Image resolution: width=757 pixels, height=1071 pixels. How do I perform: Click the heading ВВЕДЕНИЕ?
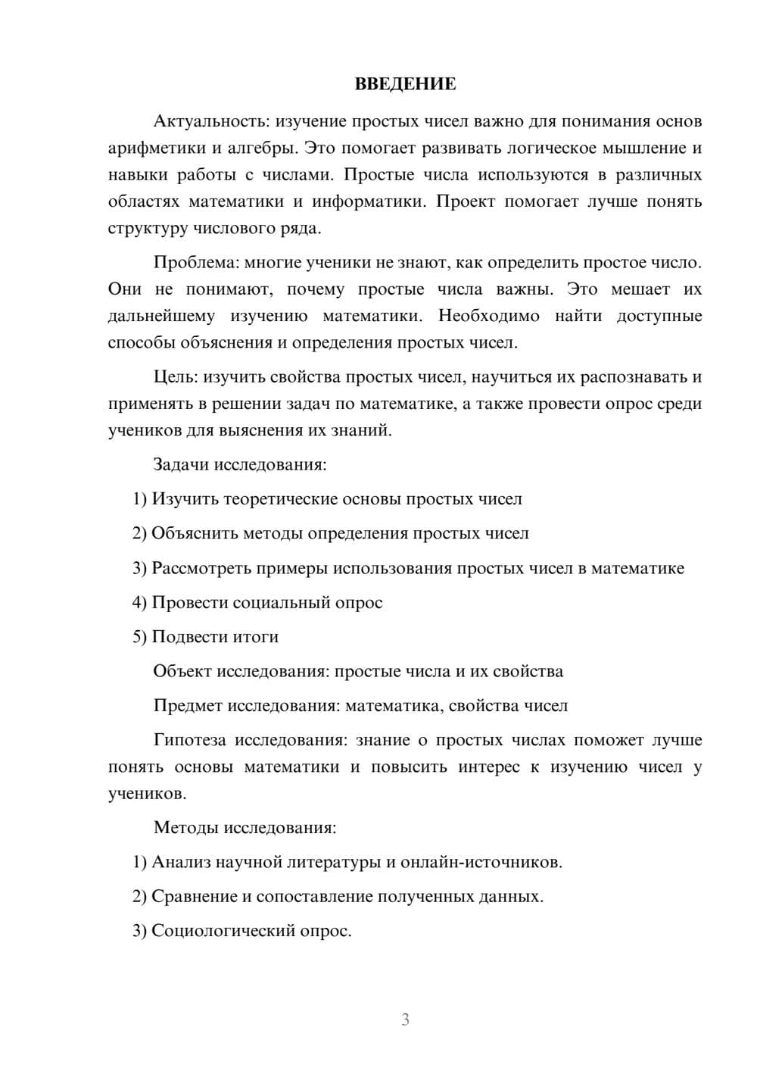[x=405, y=84]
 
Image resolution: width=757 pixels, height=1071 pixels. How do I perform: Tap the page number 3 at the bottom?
[x=405, y=1019]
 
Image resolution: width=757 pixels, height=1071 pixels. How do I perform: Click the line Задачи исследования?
[x=240, y=464]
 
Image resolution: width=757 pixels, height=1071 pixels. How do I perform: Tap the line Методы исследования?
[x=245, y=827]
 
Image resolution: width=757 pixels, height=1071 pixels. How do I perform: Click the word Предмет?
[x=187, y=706]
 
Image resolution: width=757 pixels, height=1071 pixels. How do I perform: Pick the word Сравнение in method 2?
[x=194, y=897]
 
